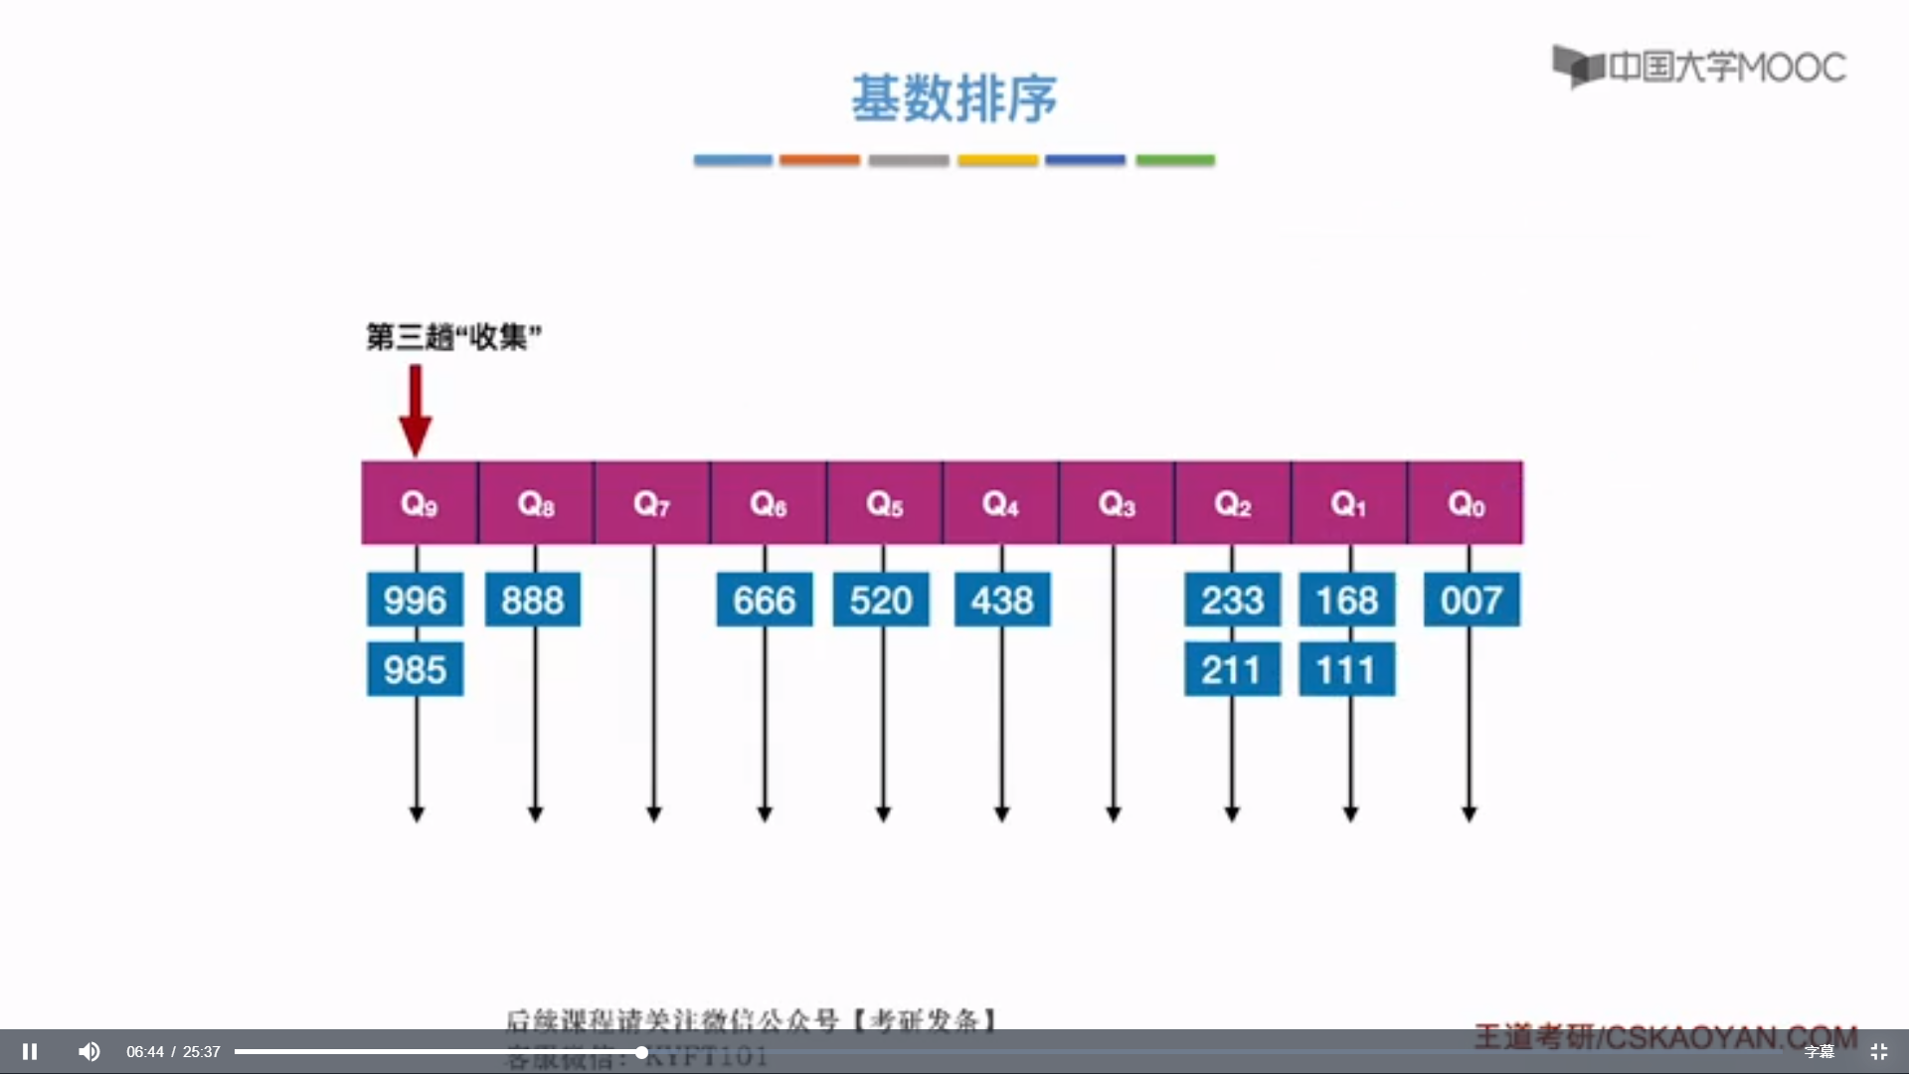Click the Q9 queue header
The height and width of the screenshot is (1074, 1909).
pyautogui.click(x=419, y=503)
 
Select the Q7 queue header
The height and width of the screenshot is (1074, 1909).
pyautogui.click(x=652, y=503)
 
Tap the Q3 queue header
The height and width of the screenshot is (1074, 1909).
pyautogui.click(x=1117, y=503)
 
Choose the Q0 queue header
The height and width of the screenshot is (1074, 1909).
pyautogui.click(x=1466, y=503)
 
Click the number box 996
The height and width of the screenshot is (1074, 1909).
pyautogui.click(x=415, y=600)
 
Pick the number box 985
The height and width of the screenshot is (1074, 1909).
pyautogui.click(x=415, y=669)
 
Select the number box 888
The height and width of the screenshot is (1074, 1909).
pyautogui.click(x=533, y=600)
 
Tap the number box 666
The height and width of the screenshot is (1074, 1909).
pyautogui.click(x=765, y=600)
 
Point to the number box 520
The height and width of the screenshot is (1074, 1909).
pyautogui.click(x=881, y=600)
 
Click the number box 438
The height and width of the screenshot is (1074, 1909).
pyautogui.click(x=1002, y=600)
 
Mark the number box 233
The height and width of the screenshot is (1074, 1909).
pyautogui.click(x=1232, y=600)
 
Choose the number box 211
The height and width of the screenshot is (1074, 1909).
pyautogui.click(x=1232, y=669)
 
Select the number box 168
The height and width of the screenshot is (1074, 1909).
pyautogui.click(x=1347, y=600)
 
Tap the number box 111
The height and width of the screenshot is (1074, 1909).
pyautogui.click(x=1347, y=669)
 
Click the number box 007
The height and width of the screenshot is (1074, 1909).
pyautogui.click(x=1472, y=600)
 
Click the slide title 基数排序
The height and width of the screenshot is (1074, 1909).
pyautogui.click(x=954, y=98)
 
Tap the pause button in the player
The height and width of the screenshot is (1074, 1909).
pyautogui.click(x=30, y=1051)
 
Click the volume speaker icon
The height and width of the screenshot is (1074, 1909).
pyautogui.click(x=89, y=1051)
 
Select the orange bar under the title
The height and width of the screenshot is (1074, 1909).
pyautogui.click(x=819, y=160)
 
